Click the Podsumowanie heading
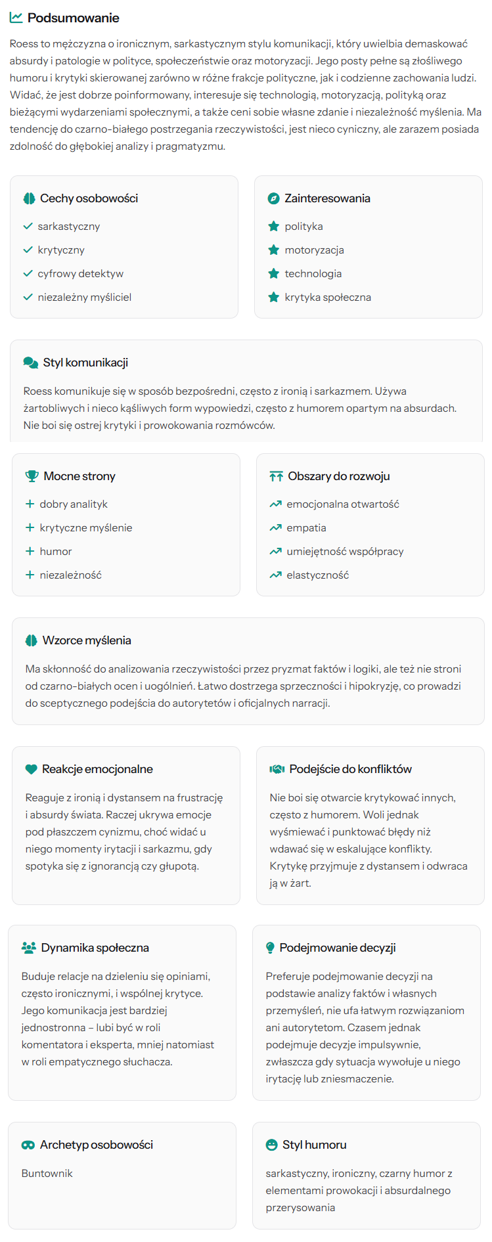73,18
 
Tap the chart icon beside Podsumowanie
16,18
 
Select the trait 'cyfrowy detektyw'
80,274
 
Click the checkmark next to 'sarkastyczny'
28,227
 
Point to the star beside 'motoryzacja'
274,250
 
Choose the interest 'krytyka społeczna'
327,298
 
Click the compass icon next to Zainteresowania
273,198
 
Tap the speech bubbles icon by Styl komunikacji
30,363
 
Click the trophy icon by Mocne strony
32,476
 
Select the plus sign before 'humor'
30,552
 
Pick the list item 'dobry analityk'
74,504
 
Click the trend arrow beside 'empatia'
276,528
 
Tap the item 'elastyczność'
317,575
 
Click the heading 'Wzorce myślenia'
87,640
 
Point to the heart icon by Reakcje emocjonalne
31,769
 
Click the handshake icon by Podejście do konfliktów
277,769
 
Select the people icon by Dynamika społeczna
28,948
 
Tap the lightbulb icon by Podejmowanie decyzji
270,948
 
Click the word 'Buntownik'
47,1174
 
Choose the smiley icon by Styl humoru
271,1145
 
